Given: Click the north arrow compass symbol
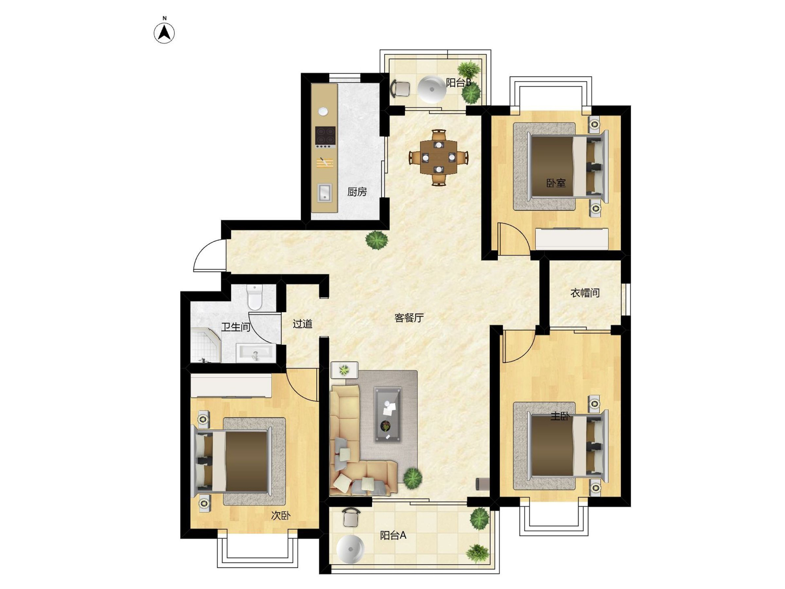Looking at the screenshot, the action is coord(164,33).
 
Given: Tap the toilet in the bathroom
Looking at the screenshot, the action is coord(255,297).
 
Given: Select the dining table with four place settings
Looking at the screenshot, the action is coord(438,157).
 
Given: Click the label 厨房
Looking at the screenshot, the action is coord(357,192).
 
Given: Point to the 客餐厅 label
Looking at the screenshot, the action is coord(409,318).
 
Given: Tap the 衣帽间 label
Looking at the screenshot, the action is coord(585,293).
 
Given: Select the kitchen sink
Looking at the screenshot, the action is coord(324,193).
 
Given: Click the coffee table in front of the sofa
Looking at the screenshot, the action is coord(388,415).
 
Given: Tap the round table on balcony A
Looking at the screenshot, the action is coord(351,549).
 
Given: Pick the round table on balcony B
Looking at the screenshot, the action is coord(432,89).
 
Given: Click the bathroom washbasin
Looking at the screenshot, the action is coord(255,353).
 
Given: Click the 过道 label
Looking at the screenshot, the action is coord(303,324).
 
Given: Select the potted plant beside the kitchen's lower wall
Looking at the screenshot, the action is coord(377,240).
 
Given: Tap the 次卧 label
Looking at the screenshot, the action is coord(281,516).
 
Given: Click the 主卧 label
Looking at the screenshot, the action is coord(560,416).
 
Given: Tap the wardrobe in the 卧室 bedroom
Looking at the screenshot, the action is coord(572,238).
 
